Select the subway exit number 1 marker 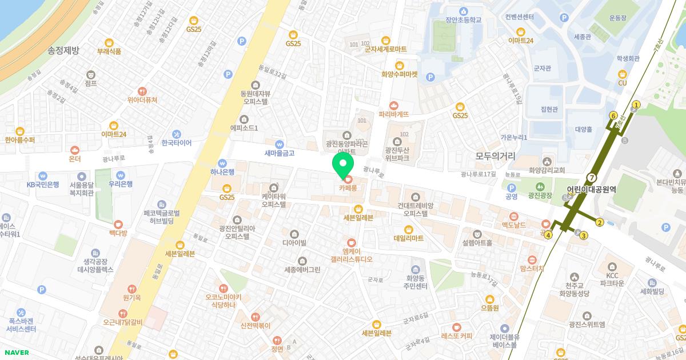click(x=636, y=105)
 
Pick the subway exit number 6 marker click(x=613, y=115)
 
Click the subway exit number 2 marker click(x=600, y=222)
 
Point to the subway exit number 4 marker click(x=549, y=235)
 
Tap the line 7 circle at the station click(x=591, y=177)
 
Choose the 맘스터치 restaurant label click(x=532, y=268)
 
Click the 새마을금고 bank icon click(x=279, y=144)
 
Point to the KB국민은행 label click(x=43, y=184)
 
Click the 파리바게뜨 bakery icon click(x=394, y=106)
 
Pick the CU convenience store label click(x=623, y=83)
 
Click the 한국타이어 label click(x=176, y=143)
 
